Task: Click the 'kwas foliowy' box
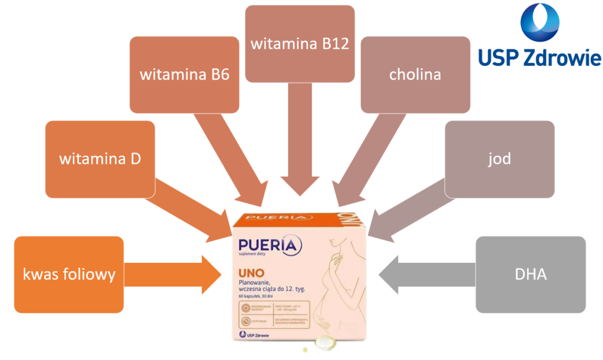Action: point(69,274)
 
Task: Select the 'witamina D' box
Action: point(100,159)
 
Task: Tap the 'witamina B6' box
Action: point(184,75)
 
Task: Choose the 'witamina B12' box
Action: point(299,44)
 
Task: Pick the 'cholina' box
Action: point(415,75)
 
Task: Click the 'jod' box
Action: point(499,159)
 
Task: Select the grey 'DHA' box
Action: point(530,274)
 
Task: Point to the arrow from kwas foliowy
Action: point(171,274)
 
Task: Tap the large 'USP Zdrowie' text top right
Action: point(539,58)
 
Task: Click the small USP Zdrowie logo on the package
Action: point(255,335)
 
